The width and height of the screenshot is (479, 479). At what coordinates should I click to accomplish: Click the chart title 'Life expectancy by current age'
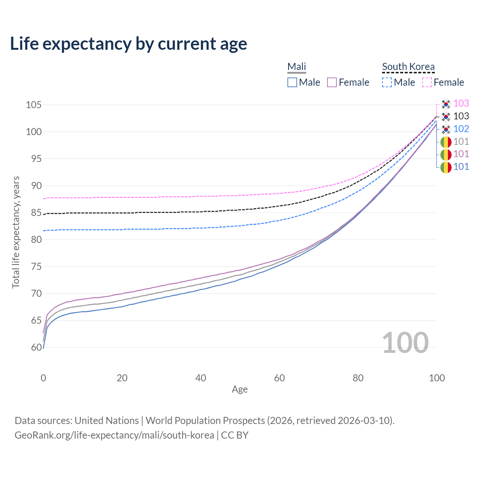(128, 44)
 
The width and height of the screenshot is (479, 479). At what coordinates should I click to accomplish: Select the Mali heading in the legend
(297, 67)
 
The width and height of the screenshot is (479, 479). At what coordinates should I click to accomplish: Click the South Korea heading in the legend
(408, 67)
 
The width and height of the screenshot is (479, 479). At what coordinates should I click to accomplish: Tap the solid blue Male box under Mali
(292, 82)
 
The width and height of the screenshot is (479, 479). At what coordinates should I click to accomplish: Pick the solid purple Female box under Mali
(332, 82)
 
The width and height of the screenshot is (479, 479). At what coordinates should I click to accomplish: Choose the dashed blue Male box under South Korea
(387, 82)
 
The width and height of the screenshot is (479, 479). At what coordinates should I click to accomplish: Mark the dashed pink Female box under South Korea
(427, 82)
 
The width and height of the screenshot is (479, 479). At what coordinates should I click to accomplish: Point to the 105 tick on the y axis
(33, 105)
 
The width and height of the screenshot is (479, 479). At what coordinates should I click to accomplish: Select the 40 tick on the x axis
(201, 378)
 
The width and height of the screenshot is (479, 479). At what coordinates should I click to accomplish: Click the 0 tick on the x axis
(43, 378)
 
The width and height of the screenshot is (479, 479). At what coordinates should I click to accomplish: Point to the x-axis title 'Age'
(239, 390)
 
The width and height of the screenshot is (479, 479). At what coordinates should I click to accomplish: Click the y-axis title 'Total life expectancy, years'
(16, 232)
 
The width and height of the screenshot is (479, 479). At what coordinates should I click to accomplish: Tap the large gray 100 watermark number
(405, 343)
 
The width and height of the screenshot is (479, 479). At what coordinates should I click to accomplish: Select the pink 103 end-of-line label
(461, 103)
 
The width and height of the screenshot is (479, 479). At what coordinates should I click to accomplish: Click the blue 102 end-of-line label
(461, 129)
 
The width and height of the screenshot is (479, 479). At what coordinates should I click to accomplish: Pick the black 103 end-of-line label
(461, 116)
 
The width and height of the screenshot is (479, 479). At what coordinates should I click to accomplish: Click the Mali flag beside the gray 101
(446, 142)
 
